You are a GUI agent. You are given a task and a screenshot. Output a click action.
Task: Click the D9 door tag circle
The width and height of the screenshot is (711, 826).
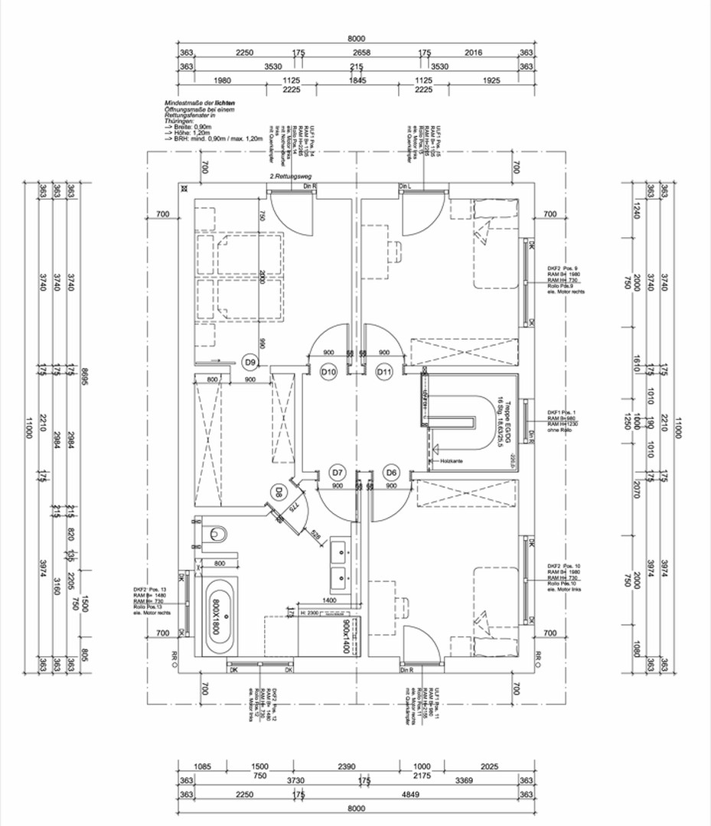coord(250,361)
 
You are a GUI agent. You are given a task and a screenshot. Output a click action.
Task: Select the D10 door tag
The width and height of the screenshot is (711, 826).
coord(329,372)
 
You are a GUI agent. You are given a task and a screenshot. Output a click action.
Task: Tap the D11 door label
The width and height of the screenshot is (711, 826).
coord(385,372)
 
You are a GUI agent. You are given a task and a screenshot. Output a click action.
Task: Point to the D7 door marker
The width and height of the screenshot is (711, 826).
coord(338,472)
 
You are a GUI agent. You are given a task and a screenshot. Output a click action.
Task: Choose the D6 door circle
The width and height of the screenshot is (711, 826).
coord(392,472)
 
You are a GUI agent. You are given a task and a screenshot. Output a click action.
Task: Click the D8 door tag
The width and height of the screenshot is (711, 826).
coord(280,492)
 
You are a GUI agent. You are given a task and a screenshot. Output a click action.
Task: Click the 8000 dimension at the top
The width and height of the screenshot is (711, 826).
coord(356,38)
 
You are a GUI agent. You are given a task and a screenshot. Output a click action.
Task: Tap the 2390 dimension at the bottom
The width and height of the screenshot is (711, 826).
coord(347,766)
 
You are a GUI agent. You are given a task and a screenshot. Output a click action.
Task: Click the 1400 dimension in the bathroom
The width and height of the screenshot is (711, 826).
coord(330,601)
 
